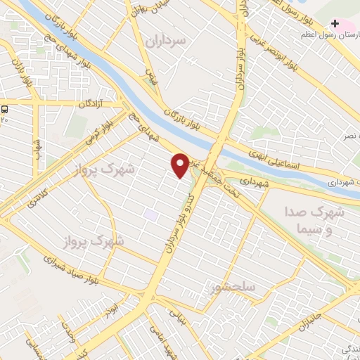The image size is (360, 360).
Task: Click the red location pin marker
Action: [181, 165]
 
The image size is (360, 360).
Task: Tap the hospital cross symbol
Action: [335, 23]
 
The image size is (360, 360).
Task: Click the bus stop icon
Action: [5, 109]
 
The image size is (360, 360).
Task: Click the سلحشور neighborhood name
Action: [231, 288]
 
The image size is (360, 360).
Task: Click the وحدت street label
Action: [67, 330]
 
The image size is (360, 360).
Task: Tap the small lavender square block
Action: [150, 213]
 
